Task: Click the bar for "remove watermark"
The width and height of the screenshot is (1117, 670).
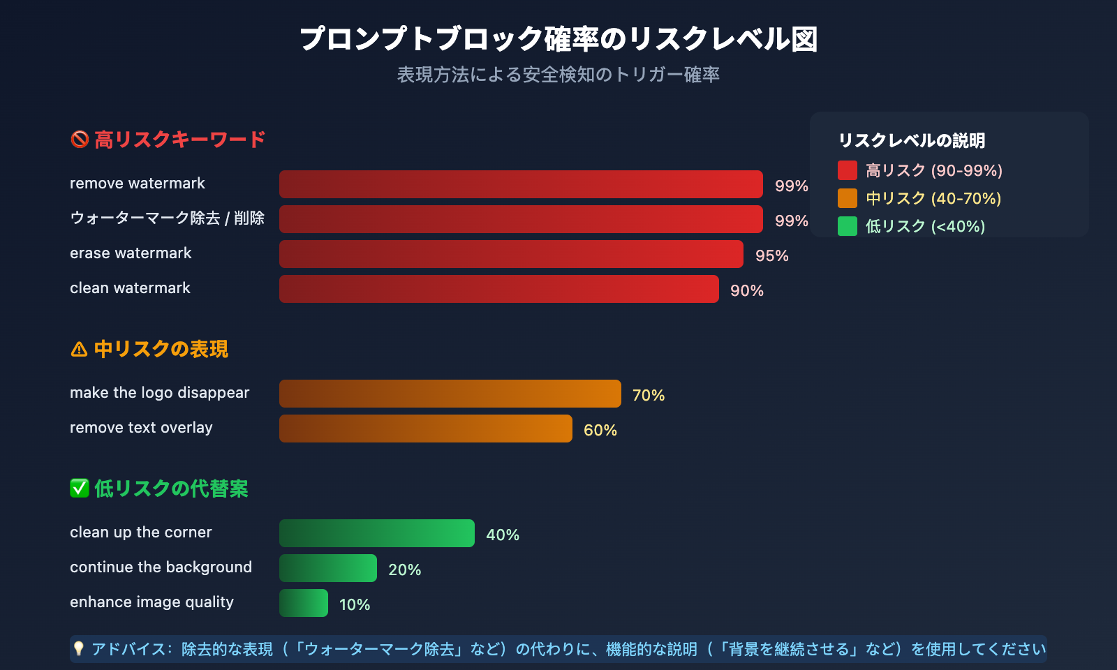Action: pos(521,184)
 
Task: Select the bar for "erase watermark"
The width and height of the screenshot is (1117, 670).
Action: pos(511,254)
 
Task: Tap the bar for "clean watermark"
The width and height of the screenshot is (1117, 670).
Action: pos(499,289)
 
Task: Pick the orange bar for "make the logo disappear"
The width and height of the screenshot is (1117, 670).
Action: pos(450,394)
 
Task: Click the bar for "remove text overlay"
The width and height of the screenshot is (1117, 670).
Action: pos(426,429)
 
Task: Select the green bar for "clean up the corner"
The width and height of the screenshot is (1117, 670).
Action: pos(377,533)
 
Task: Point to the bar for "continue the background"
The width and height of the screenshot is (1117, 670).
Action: pos(328,568)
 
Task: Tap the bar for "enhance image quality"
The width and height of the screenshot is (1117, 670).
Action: pos(304,603)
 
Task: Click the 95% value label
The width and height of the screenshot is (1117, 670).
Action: pos(772,255)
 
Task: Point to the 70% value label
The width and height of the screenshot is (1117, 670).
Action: pos(649,395)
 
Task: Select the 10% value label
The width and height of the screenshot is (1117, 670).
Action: pos(355,604)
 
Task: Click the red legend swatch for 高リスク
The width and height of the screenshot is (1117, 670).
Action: pos(848,170)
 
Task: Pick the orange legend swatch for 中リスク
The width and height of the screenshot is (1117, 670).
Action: pos(848,198)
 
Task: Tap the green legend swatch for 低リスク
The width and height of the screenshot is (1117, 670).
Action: pos(848,226)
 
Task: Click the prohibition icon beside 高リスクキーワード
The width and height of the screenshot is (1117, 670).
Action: pos(80,140)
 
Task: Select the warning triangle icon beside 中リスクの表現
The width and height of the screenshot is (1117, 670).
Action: pos(80,349)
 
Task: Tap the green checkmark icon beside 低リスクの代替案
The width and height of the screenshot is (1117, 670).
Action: pos(80,489)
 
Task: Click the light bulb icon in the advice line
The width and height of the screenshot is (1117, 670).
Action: pos(79,649)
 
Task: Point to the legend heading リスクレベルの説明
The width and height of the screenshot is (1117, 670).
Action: pos(912,140)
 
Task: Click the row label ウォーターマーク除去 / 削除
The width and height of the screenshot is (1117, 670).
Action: pos(168,218)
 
